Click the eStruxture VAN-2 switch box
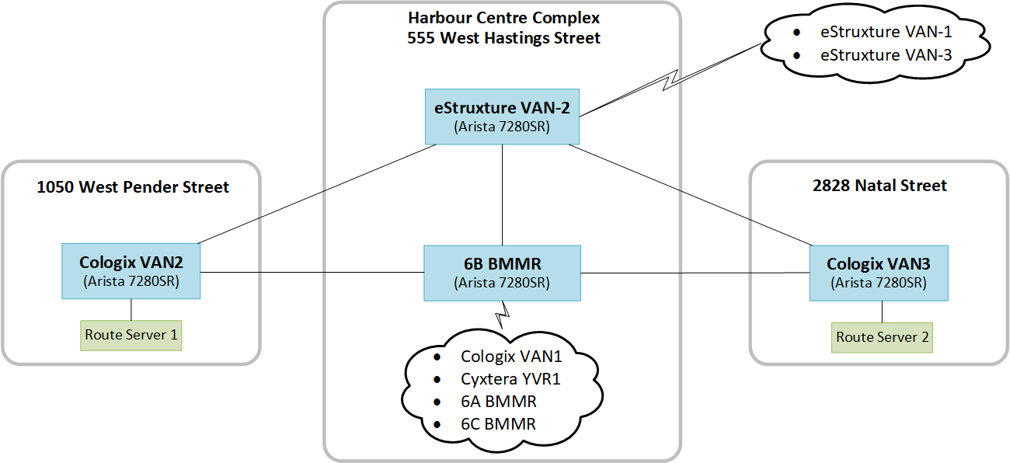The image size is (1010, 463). pos(502,117)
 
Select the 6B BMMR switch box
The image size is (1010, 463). pos(502,273)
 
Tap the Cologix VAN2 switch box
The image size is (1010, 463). pos(131,271)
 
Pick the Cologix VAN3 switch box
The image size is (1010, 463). pos(878,273)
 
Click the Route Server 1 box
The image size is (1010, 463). pos(131,336)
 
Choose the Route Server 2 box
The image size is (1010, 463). pos(881,337)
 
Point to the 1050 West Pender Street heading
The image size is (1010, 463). pos(133,187)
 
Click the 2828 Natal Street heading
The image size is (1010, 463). pos(879,186)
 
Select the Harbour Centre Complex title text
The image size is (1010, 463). pos(503,17)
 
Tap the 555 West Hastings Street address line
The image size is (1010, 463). pos(503,37)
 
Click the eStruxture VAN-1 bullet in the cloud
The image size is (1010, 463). pos(886,33)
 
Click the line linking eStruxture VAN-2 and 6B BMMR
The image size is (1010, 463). pos(503,194)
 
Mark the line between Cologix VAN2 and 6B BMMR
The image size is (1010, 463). pos(311,273)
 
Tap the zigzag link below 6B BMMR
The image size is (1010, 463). pos(503,313)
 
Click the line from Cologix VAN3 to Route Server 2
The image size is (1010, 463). pos(882,312)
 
